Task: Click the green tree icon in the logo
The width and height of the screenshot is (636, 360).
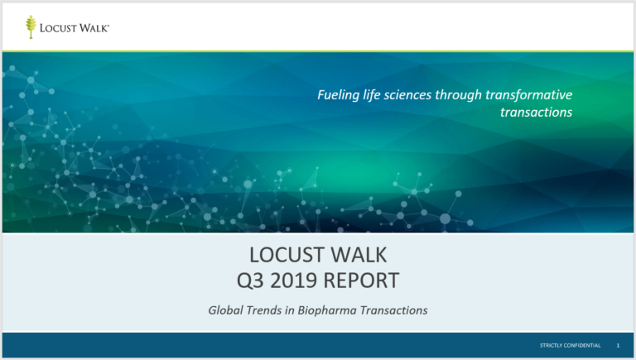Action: click(31, 26)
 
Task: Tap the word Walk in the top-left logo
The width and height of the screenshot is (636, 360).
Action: click(94, 28)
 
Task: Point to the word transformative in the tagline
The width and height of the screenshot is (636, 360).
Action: click(529, 95)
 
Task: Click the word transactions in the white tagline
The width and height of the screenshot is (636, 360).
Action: click(537, 112)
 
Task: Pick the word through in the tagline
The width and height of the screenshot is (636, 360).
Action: click(458, 95)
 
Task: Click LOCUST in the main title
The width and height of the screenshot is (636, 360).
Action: click(287, 255)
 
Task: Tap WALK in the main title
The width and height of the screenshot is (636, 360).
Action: click(359, 255)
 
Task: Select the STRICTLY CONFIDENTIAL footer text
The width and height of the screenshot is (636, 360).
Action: click(571, 345)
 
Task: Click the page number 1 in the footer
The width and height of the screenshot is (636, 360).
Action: click(618, 345)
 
